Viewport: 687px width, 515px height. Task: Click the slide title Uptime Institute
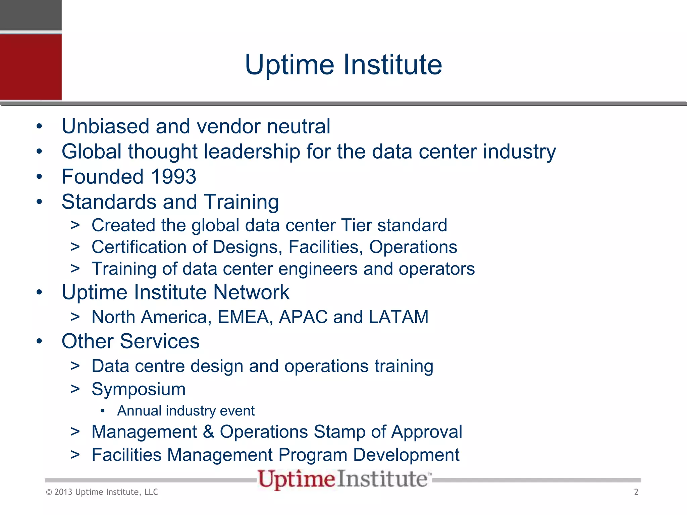click(x=343, y=65)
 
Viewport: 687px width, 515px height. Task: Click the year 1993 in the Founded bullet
click(x=173, y=177)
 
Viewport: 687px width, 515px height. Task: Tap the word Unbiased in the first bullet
click(x=105, y=126)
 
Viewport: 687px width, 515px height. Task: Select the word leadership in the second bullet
click(x=252, y=152)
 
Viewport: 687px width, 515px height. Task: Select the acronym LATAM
click(x=399, y=317)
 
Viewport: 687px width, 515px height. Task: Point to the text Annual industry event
click(x=186, y=411)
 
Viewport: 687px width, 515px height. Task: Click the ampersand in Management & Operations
click(x=208, y=432)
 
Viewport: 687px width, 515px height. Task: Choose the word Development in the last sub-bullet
click(x=406, y=455)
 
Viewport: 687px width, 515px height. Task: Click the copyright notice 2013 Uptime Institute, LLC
click(x=102, y=492)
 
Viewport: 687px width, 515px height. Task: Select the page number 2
click(x=636, y=492)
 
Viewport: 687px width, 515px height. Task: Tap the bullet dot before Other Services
click(x=40, y=341)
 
